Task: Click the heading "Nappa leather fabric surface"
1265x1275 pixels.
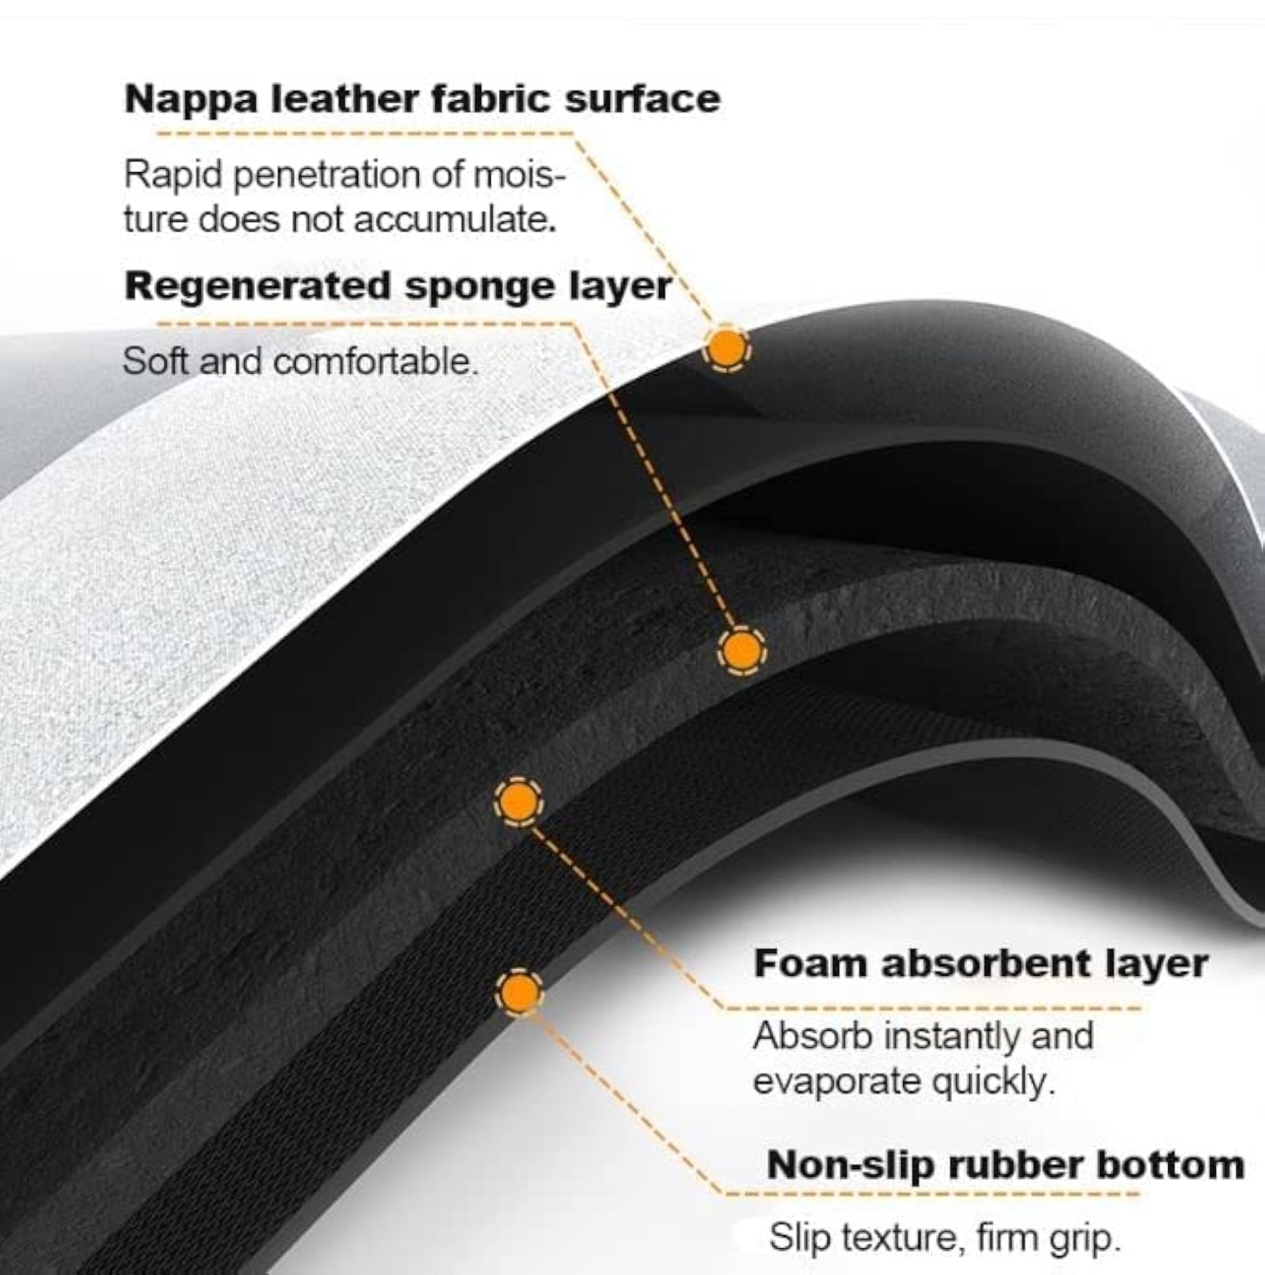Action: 422,99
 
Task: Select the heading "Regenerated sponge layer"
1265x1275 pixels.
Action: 398,287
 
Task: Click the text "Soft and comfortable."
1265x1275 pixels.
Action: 301,361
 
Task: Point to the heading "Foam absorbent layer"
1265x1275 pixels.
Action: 981,964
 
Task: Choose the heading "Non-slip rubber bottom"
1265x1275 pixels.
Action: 1005,1165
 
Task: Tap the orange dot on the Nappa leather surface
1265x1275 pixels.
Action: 725,347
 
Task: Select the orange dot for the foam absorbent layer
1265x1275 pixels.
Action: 518,802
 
